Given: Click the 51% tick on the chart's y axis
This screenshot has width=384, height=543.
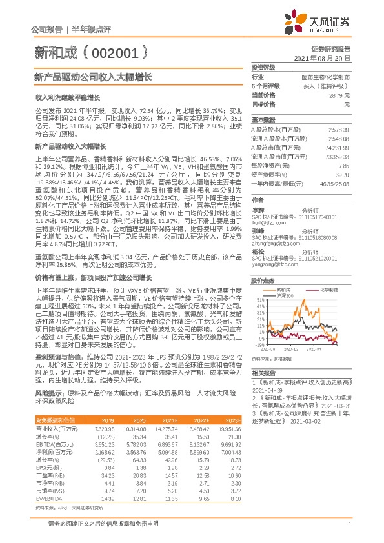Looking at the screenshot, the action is point(261,300).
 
